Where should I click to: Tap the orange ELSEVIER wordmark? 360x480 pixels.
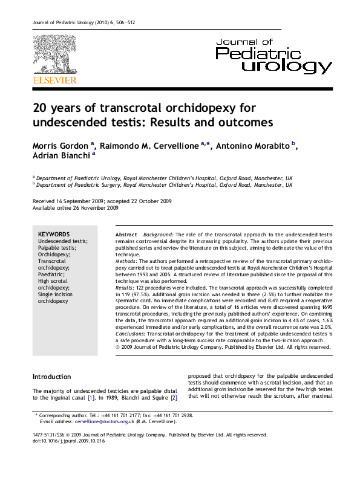pos(54,80)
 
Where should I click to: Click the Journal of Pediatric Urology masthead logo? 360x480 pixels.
pos(273,56)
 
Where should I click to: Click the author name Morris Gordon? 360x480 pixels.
pos(61,147)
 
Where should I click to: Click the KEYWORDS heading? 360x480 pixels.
pos(54,235)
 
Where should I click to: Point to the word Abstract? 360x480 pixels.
pos(126,234)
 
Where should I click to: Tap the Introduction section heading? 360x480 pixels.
pos(51,377)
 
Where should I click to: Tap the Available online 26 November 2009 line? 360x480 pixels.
pos(75,208)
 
